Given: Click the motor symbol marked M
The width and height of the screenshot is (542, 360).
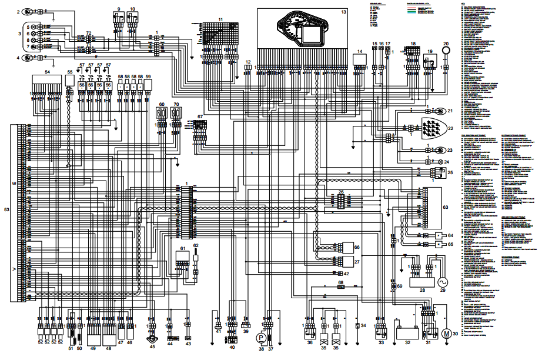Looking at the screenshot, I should click(446, 334).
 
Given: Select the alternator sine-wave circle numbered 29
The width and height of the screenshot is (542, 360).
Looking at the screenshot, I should click(441, 282).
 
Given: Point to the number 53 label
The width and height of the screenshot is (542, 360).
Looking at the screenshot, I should click(6, 209).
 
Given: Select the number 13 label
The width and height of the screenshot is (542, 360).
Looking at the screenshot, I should click(344, 12).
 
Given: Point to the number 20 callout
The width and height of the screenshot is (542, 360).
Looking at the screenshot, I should click(446, 44).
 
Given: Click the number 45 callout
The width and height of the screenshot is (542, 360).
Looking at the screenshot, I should click(152, 347).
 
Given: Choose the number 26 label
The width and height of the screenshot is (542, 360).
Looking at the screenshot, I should click(341, 192).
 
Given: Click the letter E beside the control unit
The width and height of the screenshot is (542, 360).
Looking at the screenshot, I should click(14, 184).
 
